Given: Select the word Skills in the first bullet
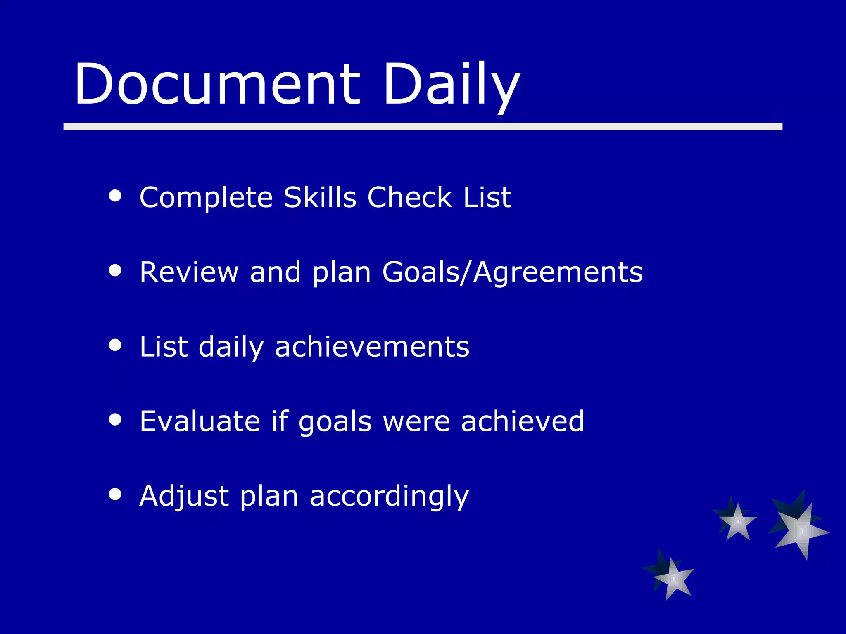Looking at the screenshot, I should coord(320,197).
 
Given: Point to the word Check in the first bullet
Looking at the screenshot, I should coord(410,197).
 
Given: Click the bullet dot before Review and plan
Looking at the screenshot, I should coord(115,270).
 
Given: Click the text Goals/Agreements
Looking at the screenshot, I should coord(512,272).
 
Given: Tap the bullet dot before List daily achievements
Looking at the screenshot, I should coord(115,345).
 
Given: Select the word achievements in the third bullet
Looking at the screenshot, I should coord(372,347).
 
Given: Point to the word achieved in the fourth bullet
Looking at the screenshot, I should coord(523,421).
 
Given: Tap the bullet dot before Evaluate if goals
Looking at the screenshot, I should coord(115,420).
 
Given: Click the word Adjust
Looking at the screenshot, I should coord(184,496).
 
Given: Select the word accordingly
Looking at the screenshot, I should coord(389,496).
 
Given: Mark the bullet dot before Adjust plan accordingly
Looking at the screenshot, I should coord(115,494).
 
